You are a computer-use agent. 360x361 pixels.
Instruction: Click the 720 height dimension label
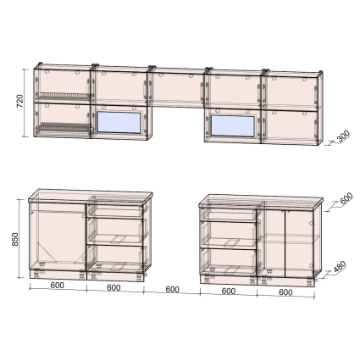20,101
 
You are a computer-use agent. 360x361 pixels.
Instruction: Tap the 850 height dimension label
15,239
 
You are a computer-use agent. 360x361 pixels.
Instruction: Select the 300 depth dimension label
343,136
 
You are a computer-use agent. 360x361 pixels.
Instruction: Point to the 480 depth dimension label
340,267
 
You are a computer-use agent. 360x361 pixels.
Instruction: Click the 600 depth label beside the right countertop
346,198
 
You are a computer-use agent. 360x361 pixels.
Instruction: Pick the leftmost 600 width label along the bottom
58,286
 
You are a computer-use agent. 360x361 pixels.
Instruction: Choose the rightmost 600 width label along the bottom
285,292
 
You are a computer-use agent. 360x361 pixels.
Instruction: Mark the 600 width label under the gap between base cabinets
172,289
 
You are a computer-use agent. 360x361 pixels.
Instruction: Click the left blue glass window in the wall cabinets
119,122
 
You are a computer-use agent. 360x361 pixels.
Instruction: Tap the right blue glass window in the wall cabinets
233,125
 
